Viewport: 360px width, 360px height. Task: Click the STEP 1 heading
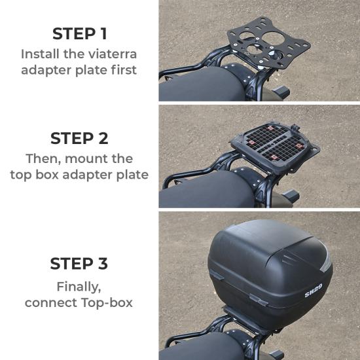pos(79,33)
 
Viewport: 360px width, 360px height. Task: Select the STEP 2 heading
pos(79,138)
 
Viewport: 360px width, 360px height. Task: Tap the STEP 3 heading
pos(79,263)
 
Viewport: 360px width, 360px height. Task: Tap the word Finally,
pos(79,286)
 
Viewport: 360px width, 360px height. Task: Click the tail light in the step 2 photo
pos(288,196)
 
